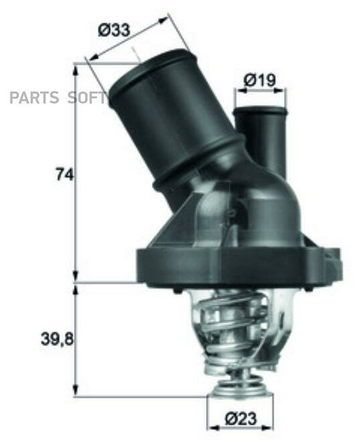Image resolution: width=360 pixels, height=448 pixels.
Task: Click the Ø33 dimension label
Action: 114,30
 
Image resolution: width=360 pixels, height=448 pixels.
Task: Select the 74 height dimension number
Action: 65,175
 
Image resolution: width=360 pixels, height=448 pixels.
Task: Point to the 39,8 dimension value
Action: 57,340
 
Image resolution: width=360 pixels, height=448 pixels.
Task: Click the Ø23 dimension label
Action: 241,419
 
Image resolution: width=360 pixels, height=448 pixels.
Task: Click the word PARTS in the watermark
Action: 34,98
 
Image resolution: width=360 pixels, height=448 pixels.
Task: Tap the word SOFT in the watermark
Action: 86,98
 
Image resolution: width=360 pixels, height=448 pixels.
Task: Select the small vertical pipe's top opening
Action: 259,110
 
